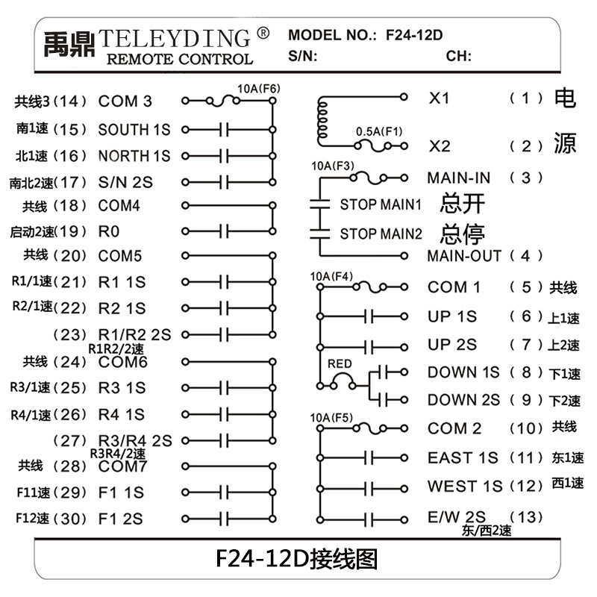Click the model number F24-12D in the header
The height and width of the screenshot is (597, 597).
click(x=415, y=34)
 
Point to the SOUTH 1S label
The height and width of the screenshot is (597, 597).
click(x=134, y=129)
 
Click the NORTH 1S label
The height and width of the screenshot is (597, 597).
click(x=134, y=156)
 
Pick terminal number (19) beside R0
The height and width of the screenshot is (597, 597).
click(x=72, y=231)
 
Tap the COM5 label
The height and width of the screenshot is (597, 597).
click(x=120, y=256)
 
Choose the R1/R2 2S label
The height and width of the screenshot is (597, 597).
click(x=135, y=334)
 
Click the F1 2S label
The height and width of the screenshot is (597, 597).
click(x=121, y=519)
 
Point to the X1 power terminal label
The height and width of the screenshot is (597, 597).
click(x=439, y=98)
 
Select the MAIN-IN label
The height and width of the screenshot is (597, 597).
click(x=459, y=178)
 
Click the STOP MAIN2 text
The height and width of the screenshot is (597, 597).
click(x=381, y=234)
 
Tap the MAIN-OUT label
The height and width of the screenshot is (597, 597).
click(x=464, y=256)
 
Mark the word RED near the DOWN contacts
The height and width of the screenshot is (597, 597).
click(x=340, y=364)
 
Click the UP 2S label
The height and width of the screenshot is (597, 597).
click(x=452, y=345)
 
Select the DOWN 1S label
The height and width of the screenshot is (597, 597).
click(x=463, y=372)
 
